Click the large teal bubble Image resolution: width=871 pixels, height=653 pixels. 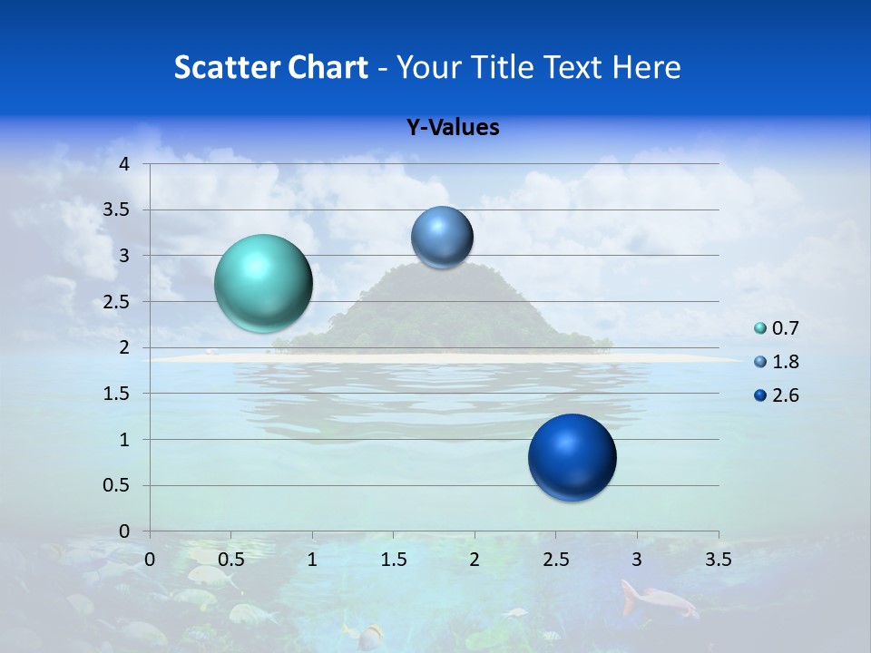click(x=264, y=283)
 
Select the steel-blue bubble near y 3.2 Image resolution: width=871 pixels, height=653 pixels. click(x=442, y=237)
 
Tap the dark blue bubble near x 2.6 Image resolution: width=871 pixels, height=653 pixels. click(x=572, y=457)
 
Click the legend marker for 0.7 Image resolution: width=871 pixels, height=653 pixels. click(x=759, y=328)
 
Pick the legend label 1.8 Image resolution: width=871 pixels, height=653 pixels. click(x=785, y=362)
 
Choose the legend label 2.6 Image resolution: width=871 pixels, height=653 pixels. click(x=785, y=395)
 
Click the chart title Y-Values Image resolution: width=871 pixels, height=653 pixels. click(x=453, y=128)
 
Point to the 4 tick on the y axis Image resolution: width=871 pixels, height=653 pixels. click(x=125, y=164)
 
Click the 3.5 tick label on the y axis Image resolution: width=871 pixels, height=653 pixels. click(x=118, y=210)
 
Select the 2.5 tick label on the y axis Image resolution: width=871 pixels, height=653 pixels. click(x=118, y=302)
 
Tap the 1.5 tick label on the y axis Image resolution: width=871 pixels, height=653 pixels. click(x=118, y=394)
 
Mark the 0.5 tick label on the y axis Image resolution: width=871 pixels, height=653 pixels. click(x=118, y=486)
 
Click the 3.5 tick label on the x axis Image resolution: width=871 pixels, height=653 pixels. click(x=718, y=560)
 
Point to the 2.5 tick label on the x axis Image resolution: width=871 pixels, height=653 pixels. click(x=555, y=560)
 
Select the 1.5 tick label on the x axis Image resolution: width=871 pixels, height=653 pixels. click(x=393, y=560)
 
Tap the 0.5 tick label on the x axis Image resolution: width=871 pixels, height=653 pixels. click(x=230, y=560)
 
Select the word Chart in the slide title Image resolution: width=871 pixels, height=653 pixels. click(x=328, y=67)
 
